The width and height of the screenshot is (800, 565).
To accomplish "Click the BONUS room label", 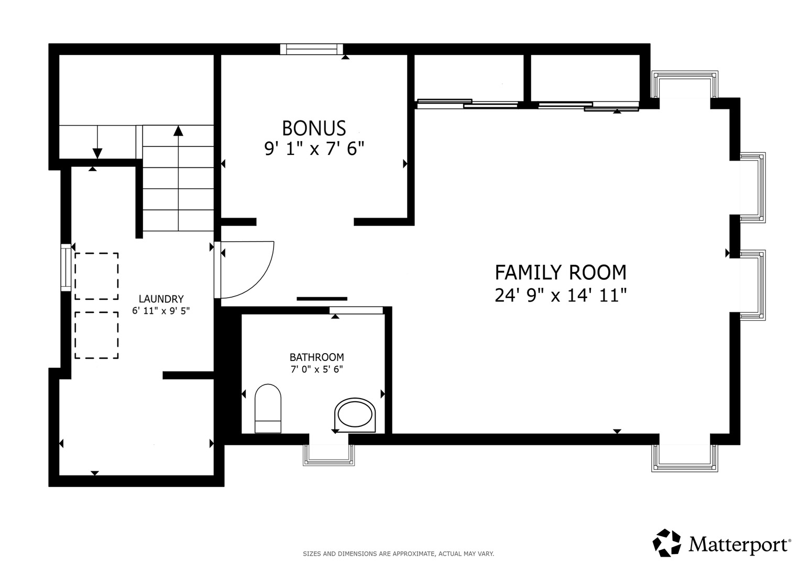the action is point(314,128).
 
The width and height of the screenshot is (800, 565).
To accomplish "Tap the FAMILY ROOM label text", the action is point(561,273).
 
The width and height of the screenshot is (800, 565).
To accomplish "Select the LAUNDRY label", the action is point(161,299).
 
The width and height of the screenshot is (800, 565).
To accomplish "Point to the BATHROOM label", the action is point(316,357).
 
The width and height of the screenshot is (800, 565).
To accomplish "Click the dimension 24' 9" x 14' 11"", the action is point(561,296).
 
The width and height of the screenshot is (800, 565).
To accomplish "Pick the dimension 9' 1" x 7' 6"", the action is point(314,149).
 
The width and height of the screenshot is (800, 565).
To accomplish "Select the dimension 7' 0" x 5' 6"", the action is point(316,369).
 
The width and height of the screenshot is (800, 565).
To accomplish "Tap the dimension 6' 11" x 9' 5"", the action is point(161,311).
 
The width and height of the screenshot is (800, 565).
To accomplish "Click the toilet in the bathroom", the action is point(268,409).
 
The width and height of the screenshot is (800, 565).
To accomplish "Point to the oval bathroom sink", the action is point(355,415).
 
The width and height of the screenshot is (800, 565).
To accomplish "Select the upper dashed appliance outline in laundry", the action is point(96,276).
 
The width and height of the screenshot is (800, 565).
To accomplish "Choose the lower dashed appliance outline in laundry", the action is point(96,335).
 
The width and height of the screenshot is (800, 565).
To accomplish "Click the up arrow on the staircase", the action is point(178,178).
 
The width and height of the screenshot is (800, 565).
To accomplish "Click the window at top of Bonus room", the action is point(311,49).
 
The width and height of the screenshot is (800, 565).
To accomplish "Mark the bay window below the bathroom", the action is point(329,455).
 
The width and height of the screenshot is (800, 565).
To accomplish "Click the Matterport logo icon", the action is point(666,543).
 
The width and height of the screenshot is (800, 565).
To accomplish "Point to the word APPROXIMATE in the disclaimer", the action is point(414,554).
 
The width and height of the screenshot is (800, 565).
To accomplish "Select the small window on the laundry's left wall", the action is point(65,267).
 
